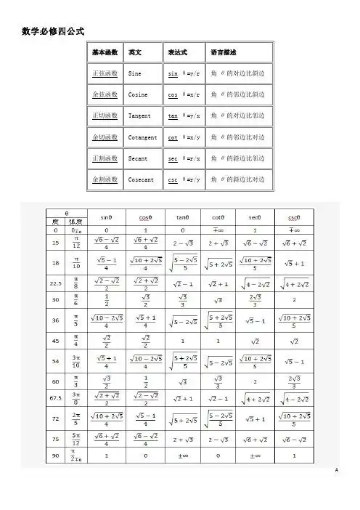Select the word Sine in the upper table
(x=135, y=74)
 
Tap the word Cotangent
(x=142, y=137)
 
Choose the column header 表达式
(x=178, y=53)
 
